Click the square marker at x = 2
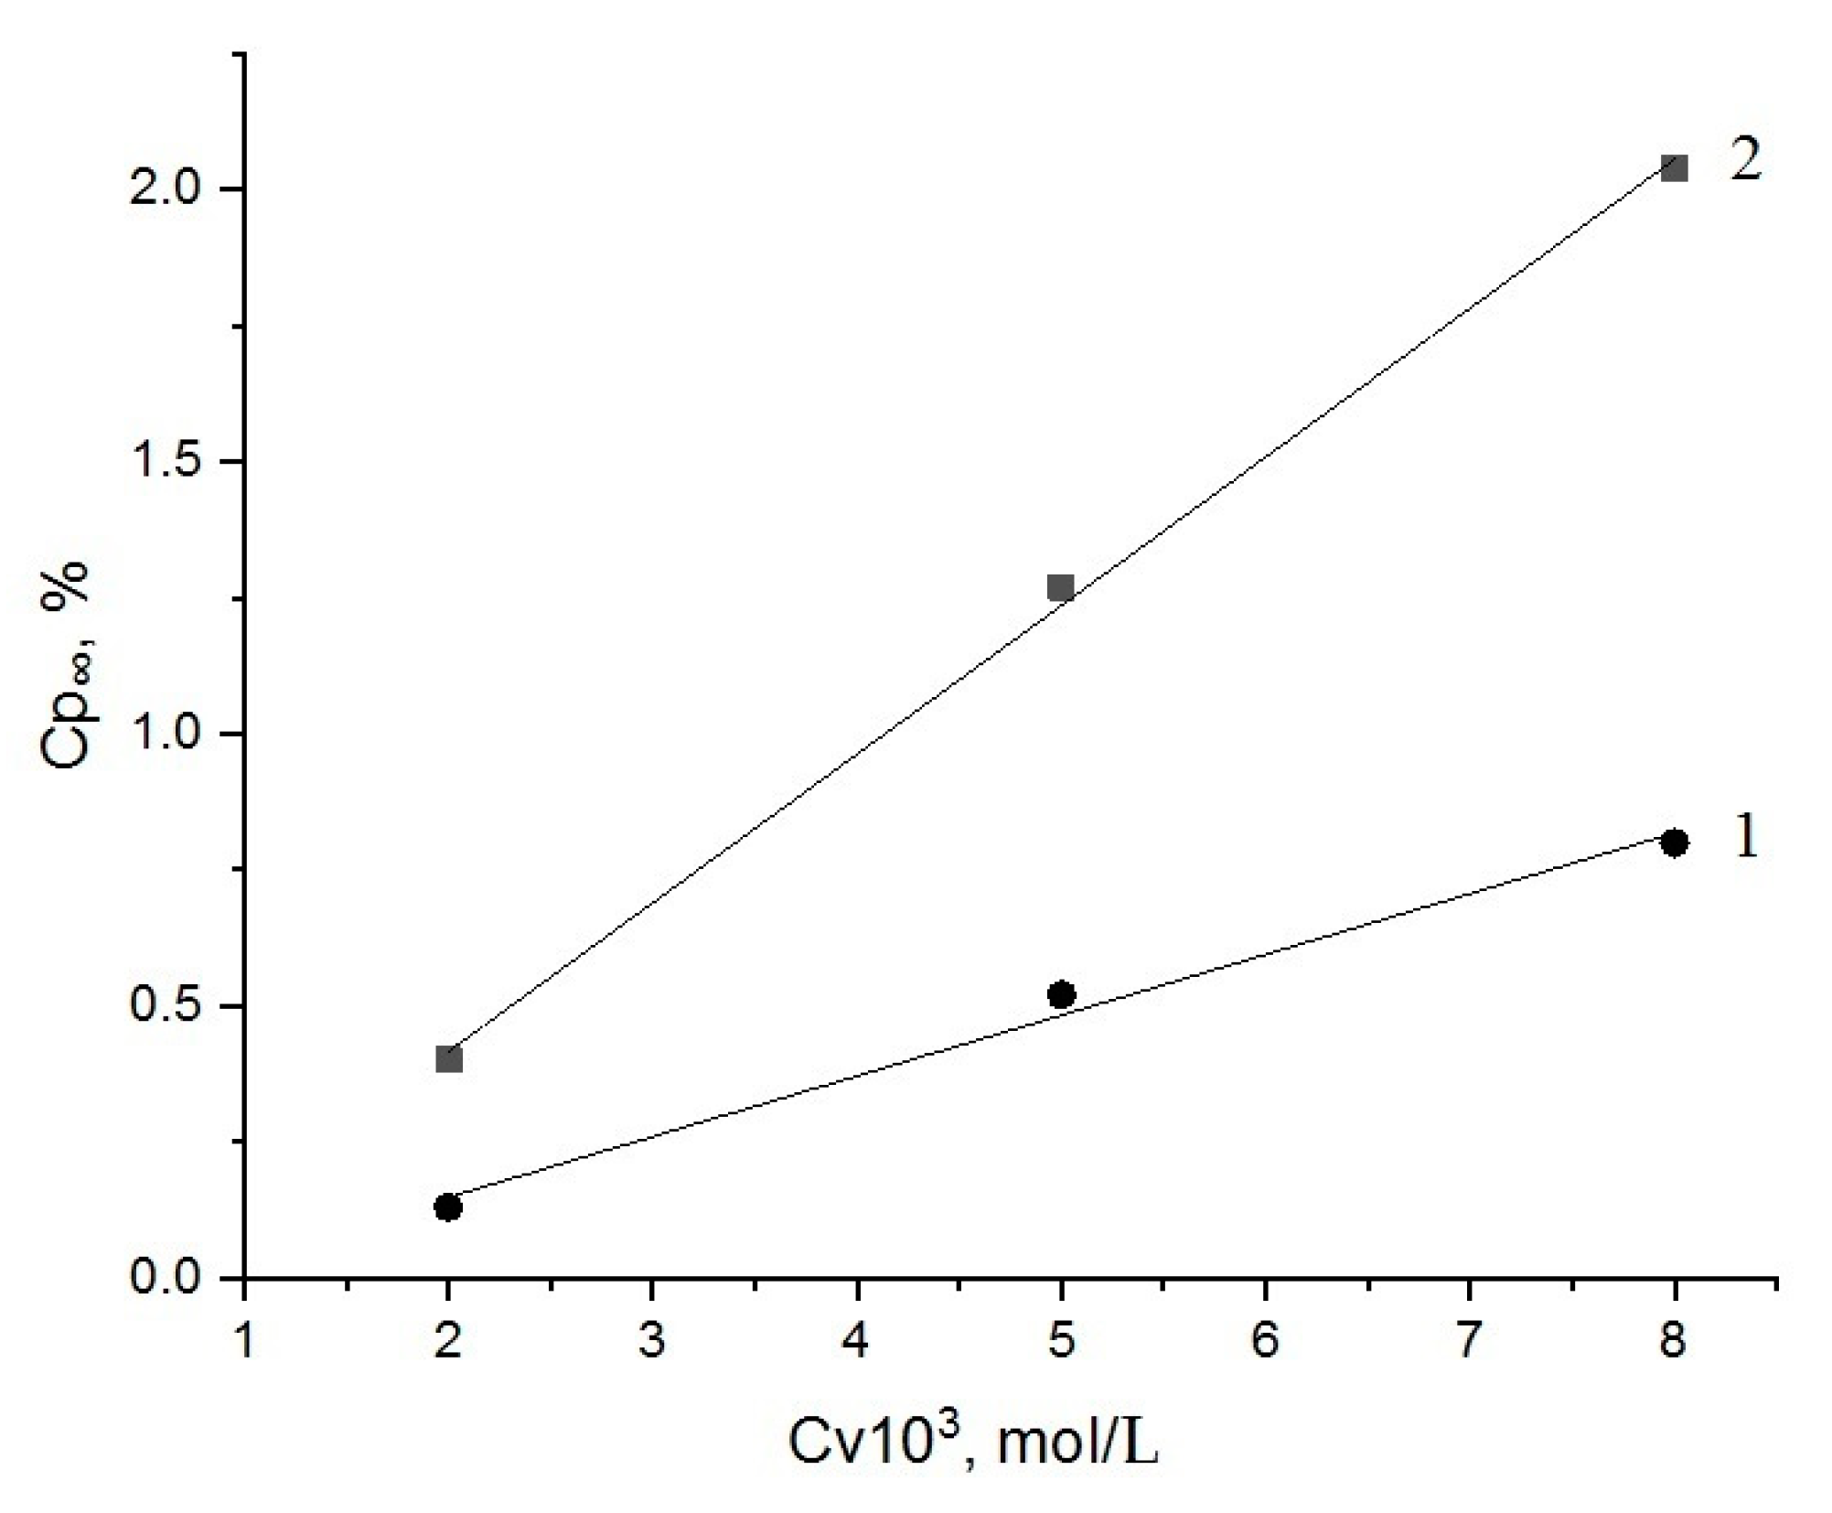[x=449, y=1059]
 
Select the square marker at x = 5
[x=1060, y=587]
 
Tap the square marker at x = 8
[x=1674, y=168]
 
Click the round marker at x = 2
[x=447, y=1207]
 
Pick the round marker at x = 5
[x=1061, y=994]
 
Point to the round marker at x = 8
[x=1674, y=842]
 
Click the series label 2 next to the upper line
[x=1745, y=162]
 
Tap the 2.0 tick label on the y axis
[x=164, y=190]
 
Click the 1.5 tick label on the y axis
[x=164, y=462]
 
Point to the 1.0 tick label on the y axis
[x=164, y=734]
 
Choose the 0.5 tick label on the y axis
[x=164, y=1006]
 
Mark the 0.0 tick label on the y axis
[x=164, y=1277]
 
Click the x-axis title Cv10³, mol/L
[x=973, y=1443]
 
